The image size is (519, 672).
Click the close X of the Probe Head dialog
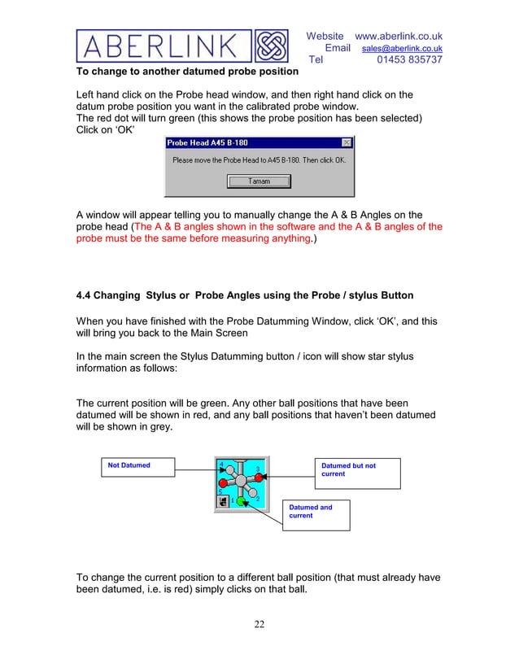347,143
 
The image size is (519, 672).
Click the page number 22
259,624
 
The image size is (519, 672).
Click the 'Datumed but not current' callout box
356,473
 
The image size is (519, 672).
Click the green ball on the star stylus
241,501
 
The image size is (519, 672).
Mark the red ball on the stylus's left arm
222,482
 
